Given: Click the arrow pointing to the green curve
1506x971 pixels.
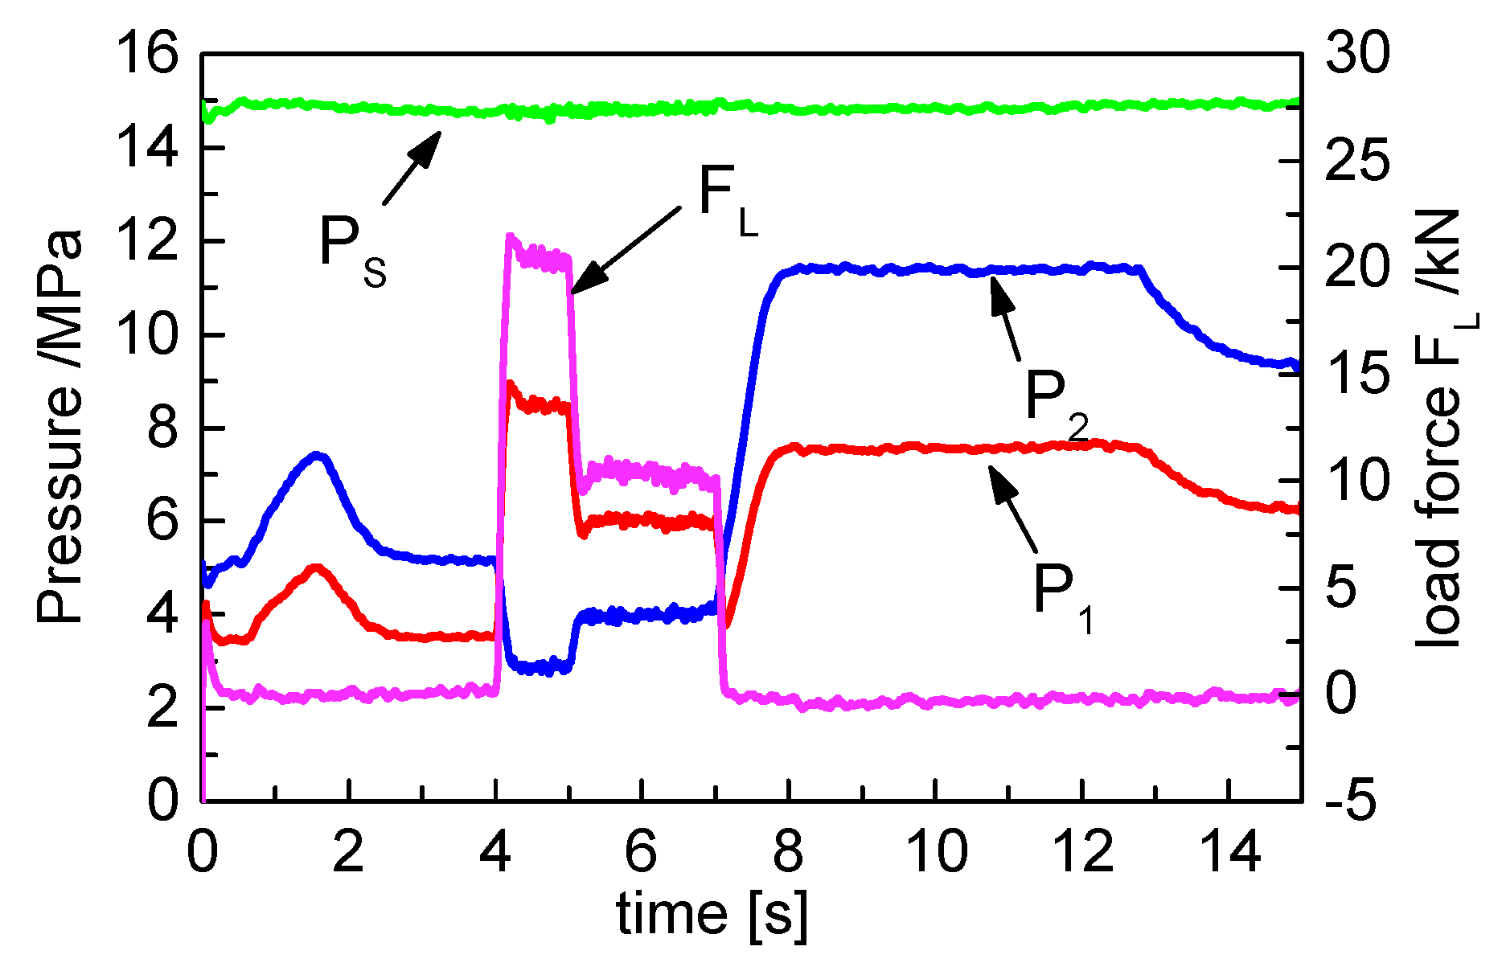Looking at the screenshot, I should [412, 168].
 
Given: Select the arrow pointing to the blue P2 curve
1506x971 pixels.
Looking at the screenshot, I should [1005, 318].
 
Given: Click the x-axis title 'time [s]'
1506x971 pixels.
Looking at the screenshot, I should [712, 915].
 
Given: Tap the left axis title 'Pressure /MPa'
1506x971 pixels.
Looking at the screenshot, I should [60, 427].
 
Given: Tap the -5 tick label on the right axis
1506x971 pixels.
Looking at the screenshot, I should [1352, 801].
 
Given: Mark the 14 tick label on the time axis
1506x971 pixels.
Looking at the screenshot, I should [1228, 851].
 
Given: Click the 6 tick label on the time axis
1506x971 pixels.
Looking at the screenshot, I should [641, 851].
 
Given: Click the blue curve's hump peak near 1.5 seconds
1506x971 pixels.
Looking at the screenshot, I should [318, 455].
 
